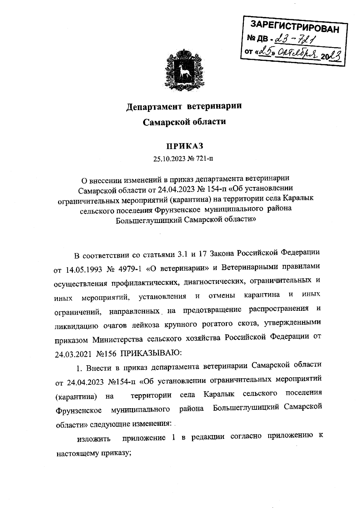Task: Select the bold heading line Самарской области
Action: coord(184,122)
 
